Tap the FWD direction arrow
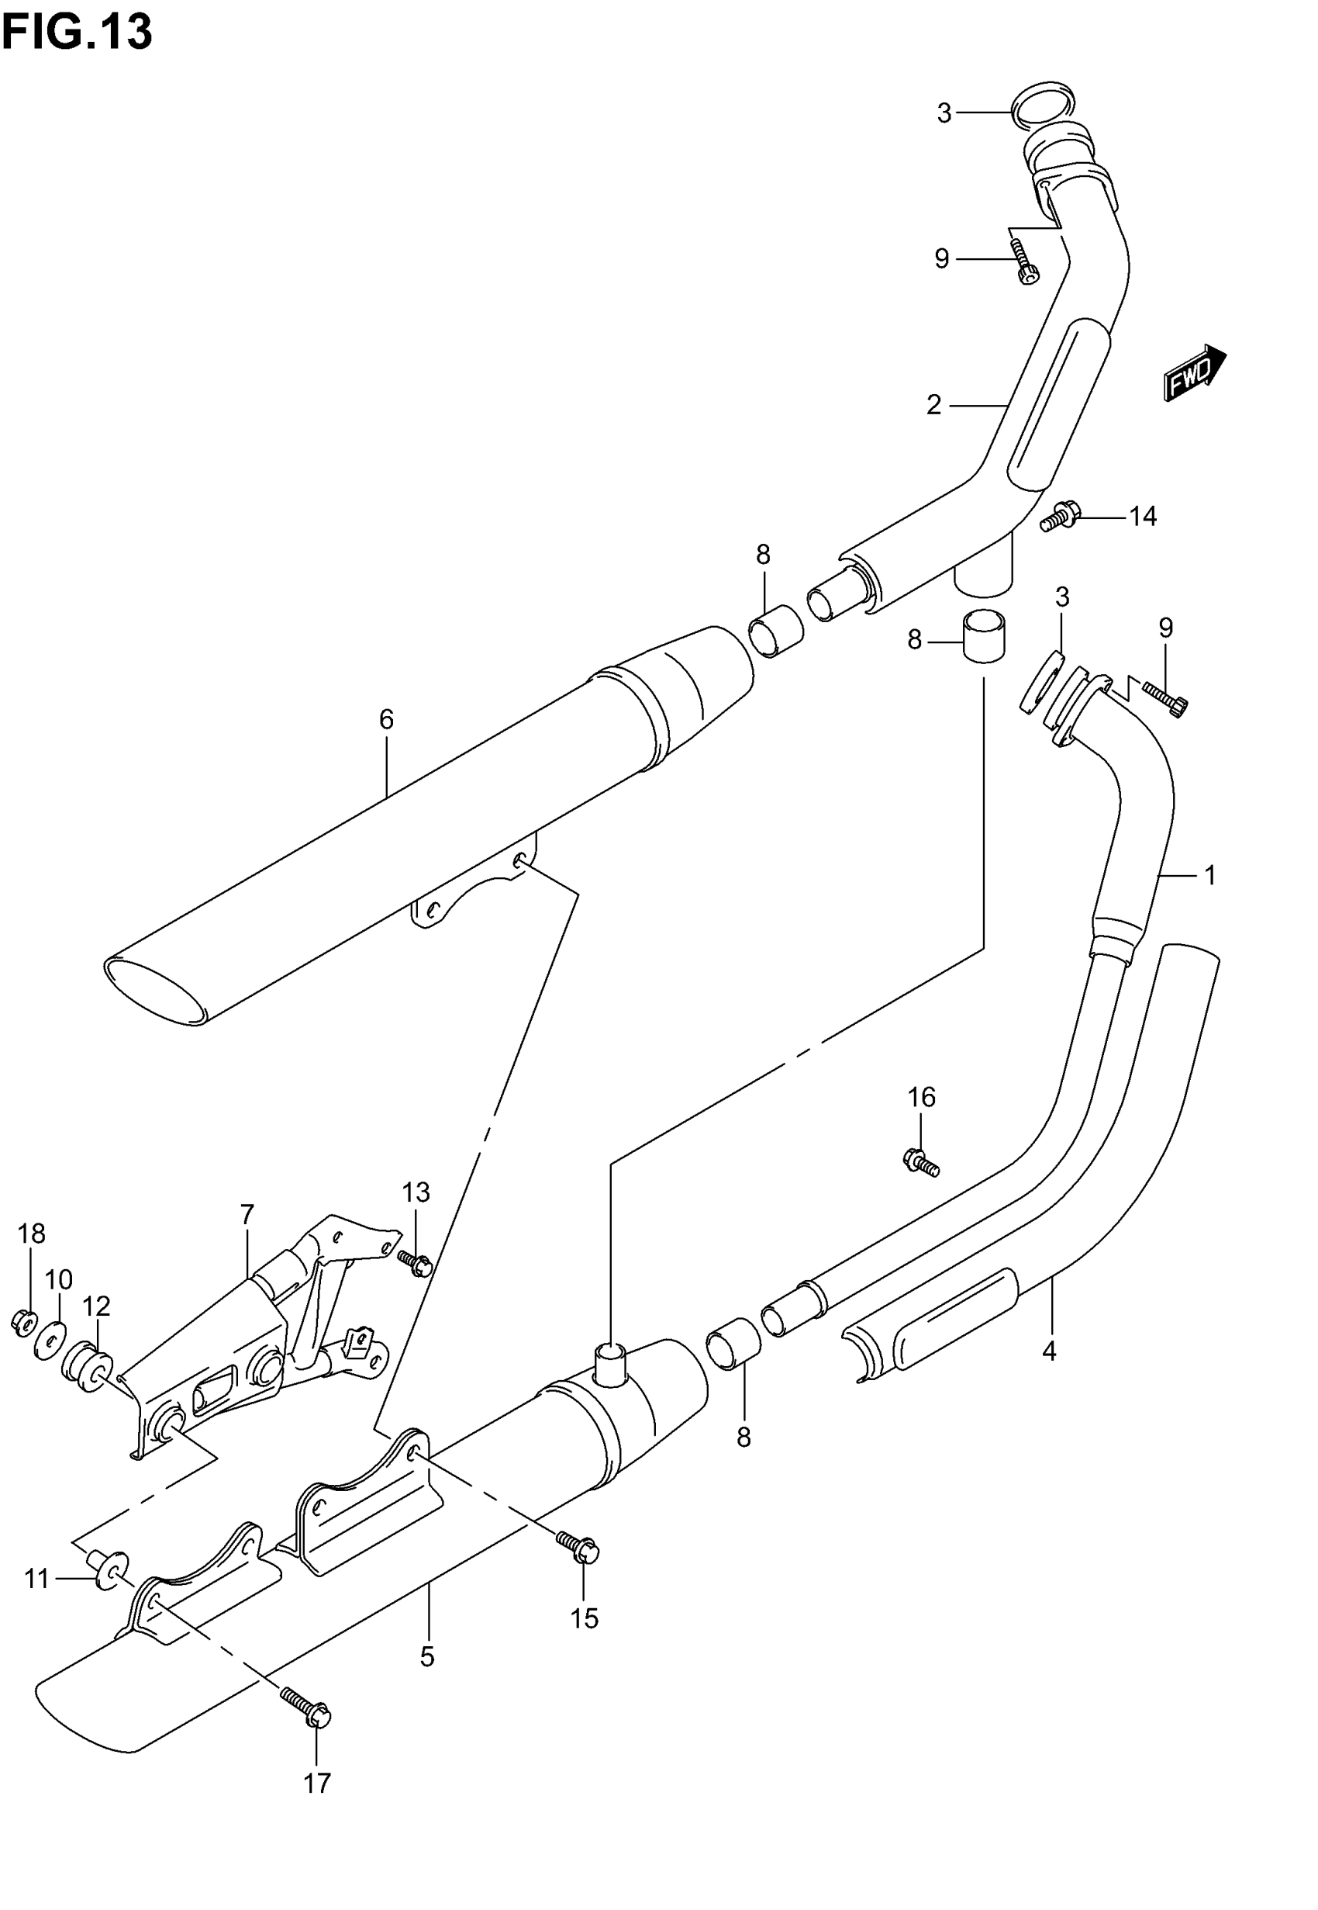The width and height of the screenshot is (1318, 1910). [x=1194, y=373]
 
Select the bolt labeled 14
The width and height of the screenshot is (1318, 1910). [x=1060, y=518]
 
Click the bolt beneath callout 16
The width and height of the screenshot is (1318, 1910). [x=920, y=1161]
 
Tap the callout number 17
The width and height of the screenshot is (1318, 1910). [x=317, y=1784]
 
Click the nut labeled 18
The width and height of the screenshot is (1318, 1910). [x=23, y=1324]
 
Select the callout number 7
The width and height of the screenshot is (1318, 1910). [x=247, y=1214]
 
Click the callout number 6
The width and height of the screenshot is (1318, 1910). [x=386, y=720]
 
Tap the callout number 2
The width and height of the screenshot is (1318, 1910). [x=933, y=405]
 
